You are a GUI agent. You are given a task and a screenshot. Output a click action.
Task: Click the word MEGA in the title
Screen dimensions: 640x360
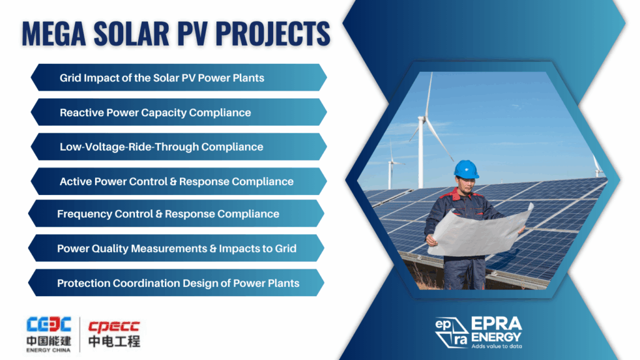point(54,33)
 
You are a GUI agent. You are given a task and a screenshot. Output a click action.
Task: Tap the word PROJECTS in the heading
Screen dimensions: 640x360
point(272,33)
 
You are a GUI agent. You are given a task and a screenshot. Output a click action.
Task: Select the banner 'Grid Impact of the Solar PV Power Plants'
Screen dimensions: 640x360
point(179,77)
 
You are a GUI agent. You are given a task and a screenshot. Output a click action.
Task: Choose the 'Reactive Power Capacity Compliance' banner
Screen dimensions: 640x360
point(179,112)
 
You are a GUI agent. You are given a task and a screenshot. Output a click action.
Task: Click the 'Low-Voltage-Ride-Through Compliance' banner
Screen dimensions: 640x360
point(179,146)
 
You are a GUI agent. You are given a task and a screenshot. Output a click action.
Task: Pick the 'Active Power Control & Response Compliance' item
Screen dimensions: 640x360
point(179,181)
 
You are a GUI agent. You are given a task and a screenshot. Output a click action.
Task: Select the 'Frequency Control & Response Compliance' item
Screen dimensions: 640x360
point(176,214)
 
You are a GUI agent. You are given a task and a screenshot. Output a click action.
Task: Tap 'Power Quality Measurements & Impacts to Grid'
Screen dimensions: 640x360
point(176,248)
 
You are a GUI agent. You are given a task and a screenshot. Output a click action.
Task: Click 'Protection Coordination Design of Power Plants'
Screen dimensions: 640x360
point(176,283)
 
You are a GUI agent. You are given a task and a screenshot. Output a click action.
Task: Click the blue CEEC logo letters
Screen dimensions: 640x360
point(49,324)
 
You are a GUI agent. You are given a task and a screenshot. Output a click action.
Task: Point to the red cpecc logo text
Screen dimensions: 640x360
point(114,326)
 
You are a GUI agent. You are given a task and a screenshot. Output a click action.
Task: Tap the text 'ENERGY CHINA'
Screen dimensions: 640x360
point(49,350)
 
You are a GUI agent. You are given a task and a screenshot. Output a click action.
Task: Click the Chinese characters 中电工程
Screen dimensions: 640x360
point(114,341)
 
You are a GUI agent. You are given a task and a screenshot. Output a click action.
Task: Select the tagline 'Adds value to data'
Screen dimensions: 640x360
point(497,346)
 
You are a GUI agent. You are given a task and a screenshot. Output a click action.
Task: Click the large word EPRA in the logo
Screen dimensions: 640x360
point(497,324)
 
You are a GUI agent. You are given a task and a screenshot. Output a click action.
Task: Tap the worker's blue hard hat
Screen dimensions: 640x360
point(466,169)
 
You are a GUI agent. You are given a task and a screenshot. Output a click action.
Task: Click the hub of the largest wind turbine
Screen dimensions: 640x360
point(424,119)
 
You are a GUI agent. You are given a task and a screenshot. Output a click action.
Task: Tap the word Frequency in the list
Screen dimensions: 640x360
point(84,214)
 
